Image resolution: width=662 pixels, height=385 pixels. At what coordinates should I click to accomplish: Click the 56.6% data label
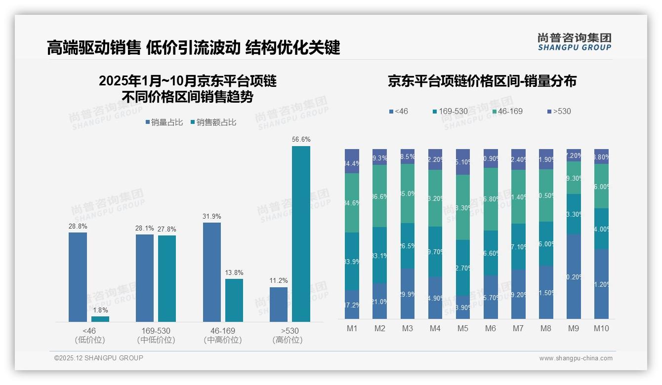(301, 140)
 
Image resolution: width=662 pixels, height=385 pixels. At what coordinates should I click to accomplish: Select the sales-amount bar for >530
(301, 234)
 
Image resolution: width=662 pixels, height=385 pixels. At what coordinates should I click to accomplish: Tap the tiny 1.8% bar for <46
(100, 319)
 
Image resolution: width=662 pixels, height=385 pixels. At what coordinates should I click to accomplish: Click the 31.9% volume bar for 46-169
(211, 272)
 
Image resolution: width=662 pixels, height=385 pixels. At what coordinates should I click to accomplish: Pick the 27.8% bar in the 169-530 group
(167, 278)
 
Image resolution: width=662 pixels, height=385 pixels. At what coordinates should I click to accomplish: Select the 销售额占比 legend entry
(213, 122)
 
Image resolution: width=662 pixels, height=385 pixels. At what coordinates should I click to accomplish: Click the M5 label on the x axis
(462, 329)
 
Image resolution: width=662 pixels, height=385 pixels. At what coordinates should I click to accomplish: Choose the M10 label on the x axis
(601, 329)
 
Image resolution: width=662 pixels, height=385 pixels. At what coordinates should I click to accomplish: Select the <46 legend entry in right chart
(399, 112)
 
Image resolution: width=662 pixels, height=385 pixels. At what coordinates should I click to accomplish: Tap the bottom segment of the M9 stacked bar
(573, 276)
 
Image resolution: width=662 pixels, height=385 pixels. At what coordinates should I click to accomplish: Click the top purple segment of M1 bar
(352, 161)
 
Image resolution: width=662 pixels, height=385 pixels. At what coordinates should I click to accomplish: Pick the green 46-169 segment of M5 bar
(462, 207)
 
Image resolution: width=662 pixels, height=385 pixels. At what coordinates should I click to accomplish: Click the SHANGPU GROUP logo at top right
(574, 42)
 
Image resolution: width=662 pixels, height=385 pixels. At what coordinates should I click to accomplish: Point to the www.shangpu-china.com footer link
(576, 358)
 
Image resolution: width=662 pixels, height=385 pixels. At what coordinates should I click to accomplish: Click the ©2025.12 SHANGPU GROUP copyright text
(99, 358)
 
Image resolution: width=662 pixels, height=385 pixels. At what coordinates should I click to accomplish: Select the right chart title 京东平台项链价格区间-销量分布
(482, 81)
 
